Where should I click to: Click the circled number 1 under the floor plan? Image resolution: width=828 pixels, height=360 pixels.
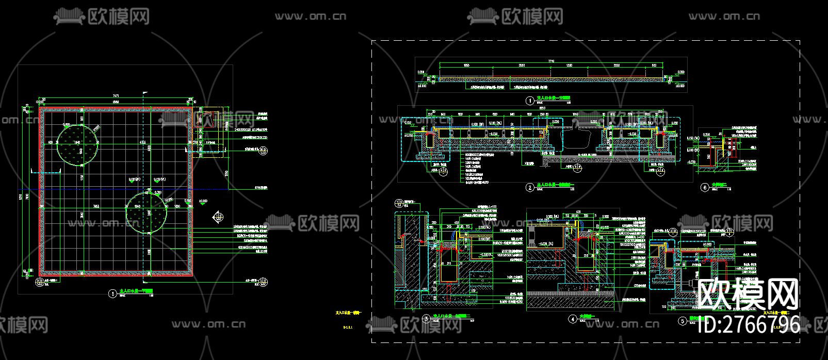click(x=112, y=294)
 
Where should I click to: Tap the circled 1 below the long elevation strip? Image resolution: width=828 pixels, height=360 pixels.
click(x=529, y=101)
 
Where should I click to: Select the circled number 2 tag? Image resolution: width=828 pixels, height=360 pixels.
click(x=530, y=188)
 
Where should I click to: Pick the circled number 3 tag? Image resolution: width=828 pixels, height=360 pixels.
click(x=426, y=319)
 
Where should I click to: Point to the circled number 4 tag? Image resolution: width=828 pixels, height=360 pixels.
click(x=572, y=319)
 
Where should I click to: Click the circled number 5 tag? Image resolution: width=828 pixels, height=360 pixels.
click(x=683, y=321)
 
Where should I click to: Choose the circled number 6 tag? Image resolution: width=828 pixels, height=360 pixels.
click(x=705, y=188)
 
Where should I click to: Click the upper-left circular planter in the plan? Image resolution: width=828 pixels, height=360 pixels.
click(x=77, y=145)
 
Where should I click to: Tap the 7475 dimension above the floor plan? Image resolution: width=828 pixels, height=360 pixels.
click(x=116, y=96)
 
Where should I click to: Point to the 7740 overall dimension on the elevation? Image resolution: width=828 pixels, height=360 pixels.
click(x=550, y=61)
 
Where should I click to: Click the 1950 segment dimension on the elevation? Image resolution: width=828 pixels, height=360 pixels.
click(x=466, y=66)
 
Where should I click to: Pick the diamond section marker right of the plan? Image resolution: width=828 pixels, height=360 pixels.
click(x=219, y=217)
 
